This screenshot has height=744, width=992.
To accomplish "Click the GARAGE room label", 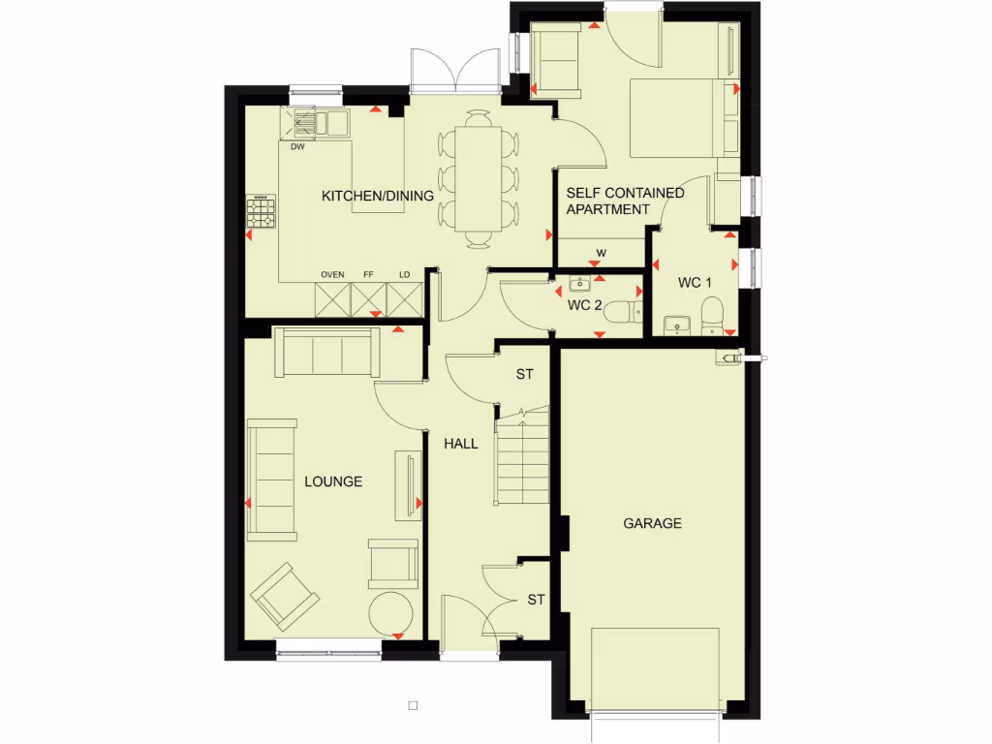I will coord(652,523).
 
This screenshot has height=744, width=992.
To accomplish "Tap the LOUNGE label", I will coord(333,481).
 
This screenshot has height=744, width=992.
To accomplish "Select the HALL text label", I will coord(461,444).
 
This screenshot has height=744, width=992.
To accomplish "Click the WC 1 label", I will coord(695,283).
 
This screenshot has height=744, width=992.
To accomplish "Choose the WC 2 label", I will coord(584,306).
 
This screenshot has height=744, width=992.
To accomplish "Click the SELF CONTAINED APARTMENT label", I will coord(625,201).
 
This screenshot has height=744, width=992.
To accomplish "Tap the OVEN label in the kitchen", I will coord(332,275).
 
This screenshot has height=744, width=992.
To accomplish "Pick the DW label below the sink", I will coord(297,147).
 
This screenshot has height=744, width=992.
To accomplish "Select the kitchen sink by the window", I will coord(320,122).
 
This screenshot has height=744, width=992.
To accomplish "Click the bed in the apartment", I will coord(682,117).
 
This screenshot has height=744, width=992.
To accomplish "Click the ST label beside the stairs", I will coord(525,373).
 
